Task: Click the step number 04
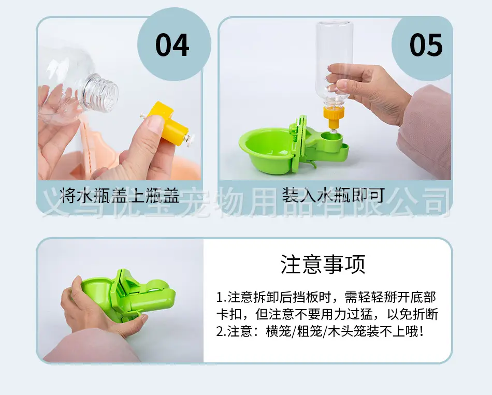pyautogui.click(x=172, y=45)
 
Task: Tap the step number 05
pyautogui.click(x=426, y=45)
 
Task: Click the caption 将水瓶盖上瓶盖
pyautogui.click(x=120, y=195)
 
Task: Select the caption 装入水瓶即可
pyautogui.click(x=333, y=195)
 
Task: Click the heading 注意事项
pyautogui.click(x=323, y=264)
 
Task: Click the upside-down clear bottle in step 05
pyautogui.click(x=335, y=63)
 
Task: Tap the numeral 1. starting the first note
pyautogui.click(x=221, y=298)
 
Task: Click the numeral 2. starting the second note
pyautogui.click(x=221, y=332)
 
